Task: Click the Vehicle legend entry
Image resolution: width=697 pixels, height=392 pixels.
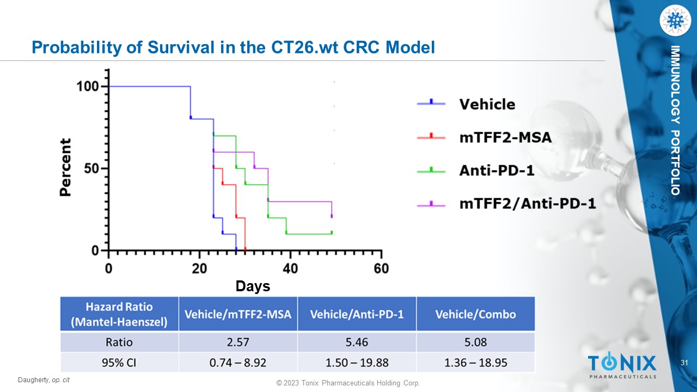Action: tap(487, 103)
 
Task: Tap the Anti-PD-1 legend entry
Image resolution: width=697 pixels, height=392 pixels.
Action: tap(496, 170)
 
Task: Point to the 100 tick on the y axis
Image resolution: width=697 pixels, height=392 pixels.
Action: tap(88, 87)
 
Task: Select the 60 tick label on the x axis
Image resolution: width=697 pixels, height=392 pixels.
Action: tap(381, 268)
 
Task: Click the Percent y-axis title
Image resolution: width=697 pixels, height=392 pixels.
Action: tap(65, 167)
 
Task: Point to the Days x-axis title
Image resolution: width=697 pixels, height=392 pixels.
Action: tap(253, 286)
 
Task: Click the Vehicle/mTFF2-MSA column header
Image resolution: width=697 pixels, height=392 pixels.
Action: tap(238, 314)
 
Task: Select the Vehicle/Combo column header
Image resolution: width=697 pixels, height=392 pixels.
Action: tap(475, 314)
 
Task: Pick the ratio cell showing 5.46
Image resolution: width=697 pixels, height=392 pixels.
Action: tap(357, 342)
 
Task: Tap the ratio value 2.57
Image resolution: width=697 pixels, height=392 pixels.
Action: tap(238, 342)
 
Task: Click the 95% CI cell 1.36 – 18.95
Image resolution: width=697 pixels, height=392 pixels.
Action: tap(475, 362)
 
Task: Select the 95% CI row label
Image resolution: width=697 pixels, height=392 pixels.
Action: tap(119, 362)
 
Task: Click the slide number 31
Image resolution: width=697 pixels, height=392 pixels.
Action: tap(685, 363)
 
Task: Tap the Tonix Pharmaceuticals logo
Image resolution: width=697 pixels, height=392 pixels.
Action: tap(622, 365)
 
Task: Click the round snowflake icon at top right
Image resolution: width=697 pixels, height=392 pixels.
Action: tap(675, 21)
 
